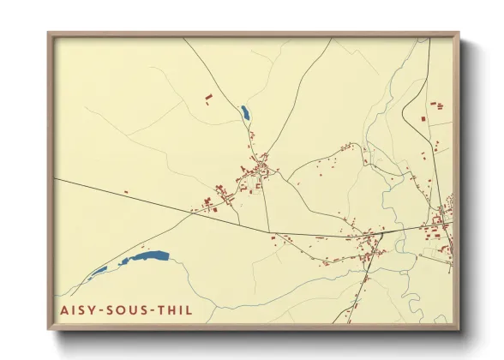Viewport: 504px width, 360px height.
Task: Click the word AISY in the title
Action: pos(78,309)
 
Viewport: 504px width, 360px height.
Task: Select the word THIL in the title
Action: pos(175,309)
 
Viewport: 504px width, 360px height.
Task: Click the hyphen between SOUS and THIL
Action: pos(154,310)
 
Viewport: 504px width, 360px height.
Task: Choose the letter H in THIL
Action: pos(173,309)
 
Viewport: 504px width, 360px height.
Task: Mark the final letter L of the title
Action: pos(189,309)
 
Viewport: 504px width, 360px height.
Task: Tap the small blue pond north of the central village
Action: pos(245,112)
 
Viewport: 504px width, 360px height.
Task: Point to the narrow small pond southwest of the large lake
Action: pos(99,272)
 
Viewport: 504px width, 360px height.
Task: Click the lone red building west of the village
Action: pos(126,192)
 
